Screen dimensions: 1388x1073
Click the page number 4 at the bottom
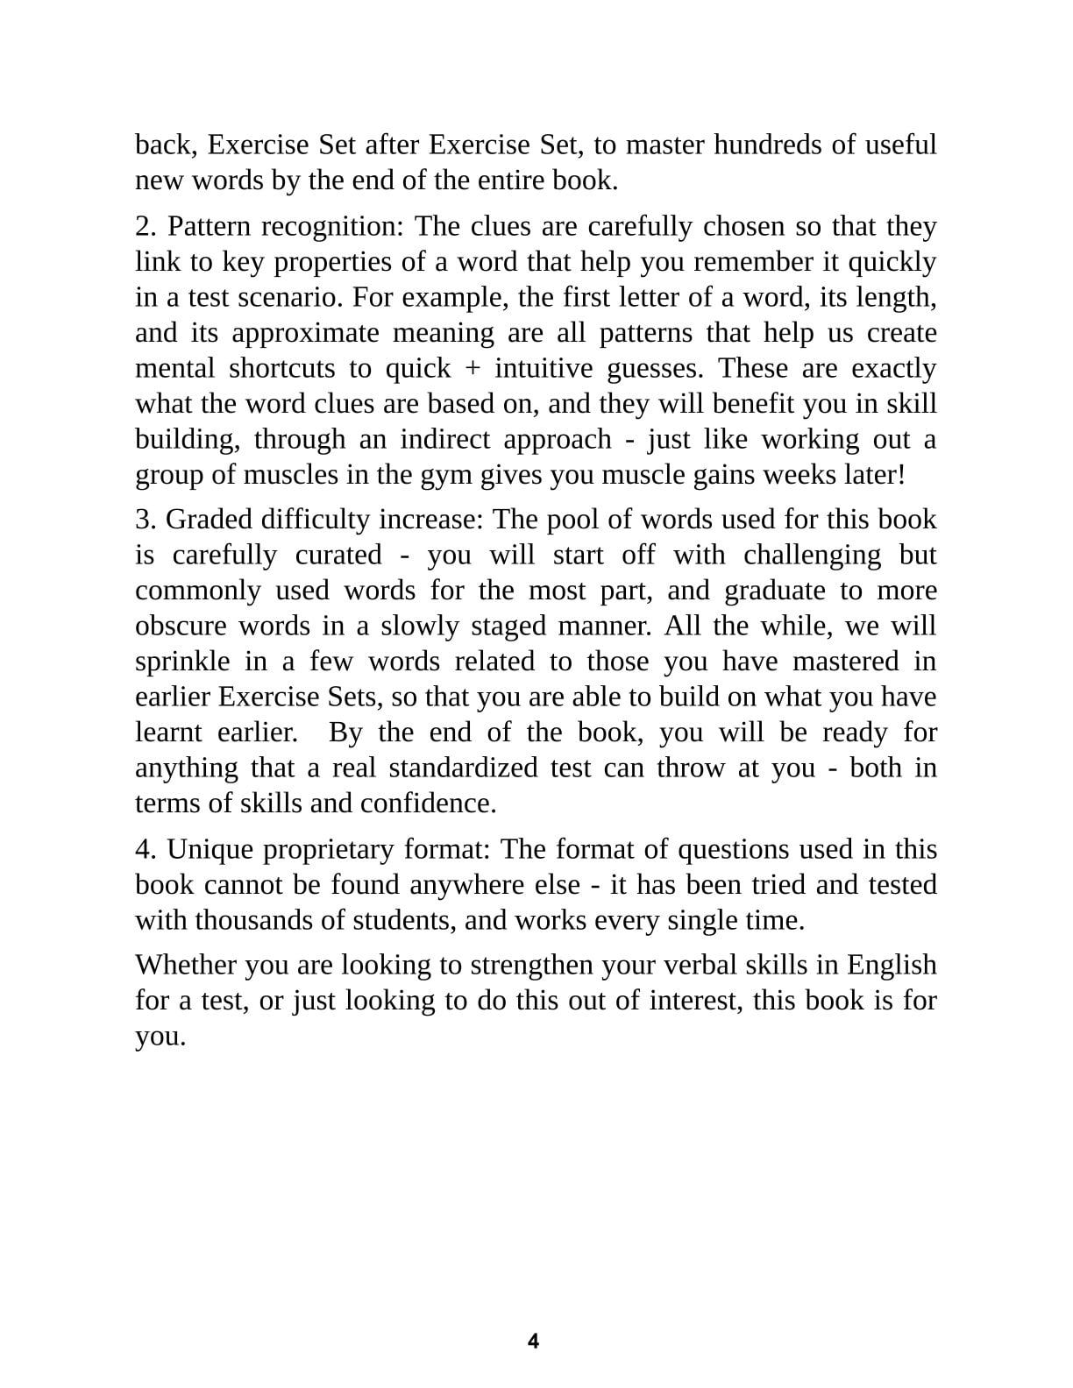pos(533,1341)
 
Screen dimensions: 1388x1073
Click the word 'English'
pos(892,965)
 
